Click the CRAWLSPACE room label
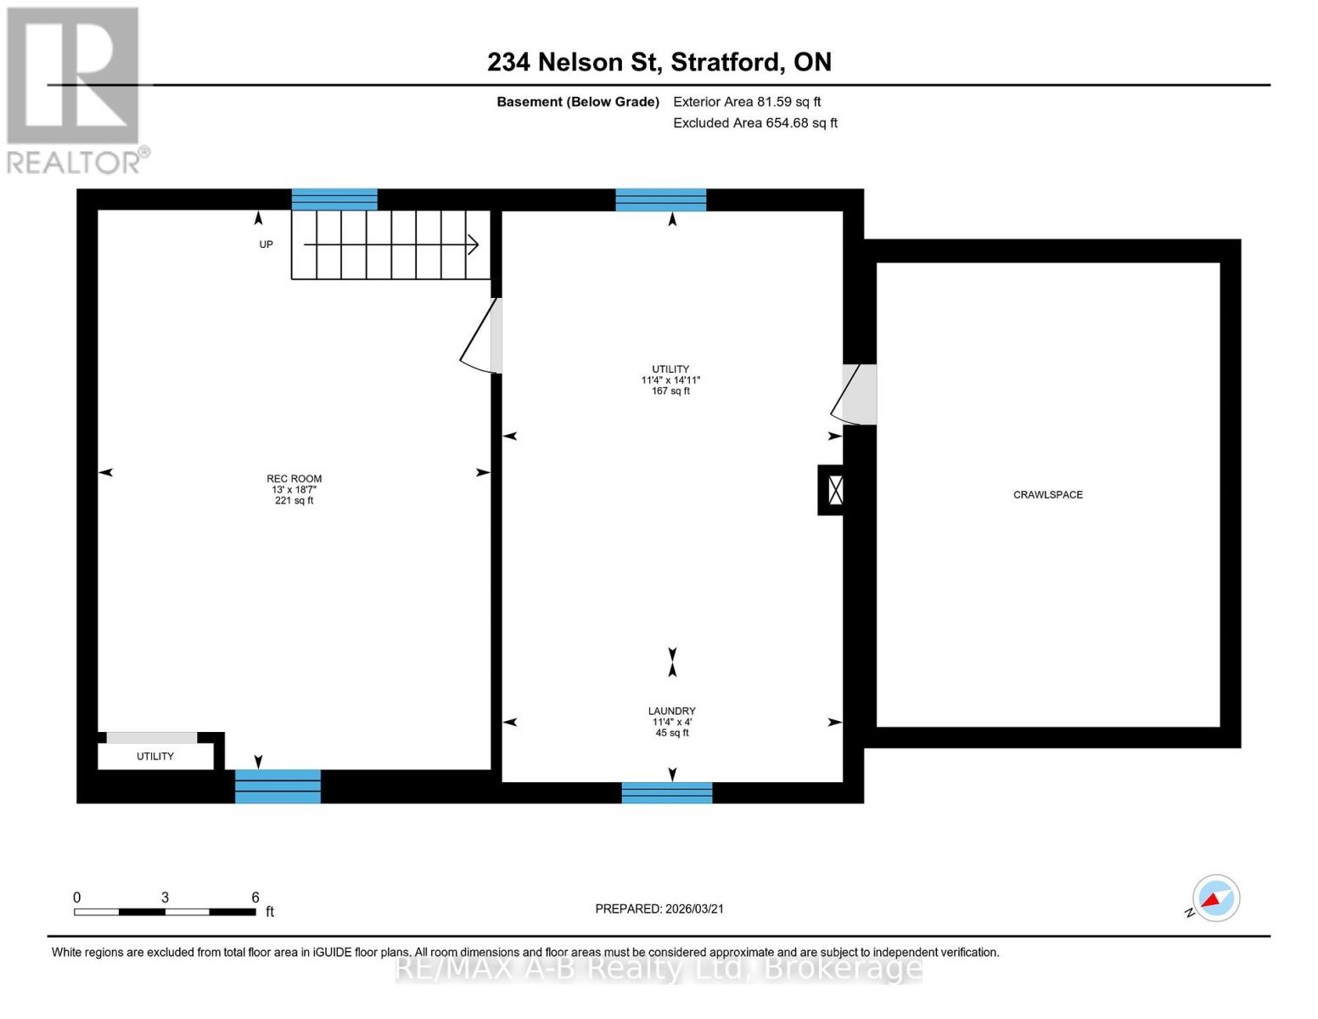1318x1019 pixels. (1047, 494)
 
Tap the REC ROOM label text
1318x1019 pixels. (294, 479)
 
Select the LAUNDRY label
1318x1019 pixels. (671, 711)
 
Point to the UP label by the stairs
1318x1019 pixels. (266, 245)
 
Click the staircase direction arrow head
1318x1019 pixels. (473, 245)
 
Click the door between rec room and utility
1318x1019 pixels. (481, 335)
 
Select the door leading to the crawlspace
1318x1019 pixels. (853, 395)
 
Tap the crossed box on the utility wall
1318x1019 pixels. (835, 490)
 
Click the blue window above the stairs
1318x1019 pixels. (334, 200)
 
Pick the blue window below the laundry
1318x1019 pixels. (666, 792)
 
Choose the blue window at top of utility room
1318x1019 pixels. (660, 200)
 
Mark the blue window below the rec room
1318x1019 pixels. (278, 786)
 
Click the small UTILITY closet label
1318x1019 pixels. (155, 757)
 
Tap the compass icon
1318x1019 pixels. (1215, 898)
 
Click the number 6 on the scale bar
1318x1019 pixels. (255, 897)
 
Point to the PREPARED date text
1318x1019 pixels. (659, 909)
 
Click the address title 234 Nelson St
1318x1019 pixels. (574, 62)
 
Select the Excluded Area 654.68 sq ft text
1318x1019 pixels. (755, 123)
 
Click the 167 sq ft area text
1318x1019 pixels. (670, 391)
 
